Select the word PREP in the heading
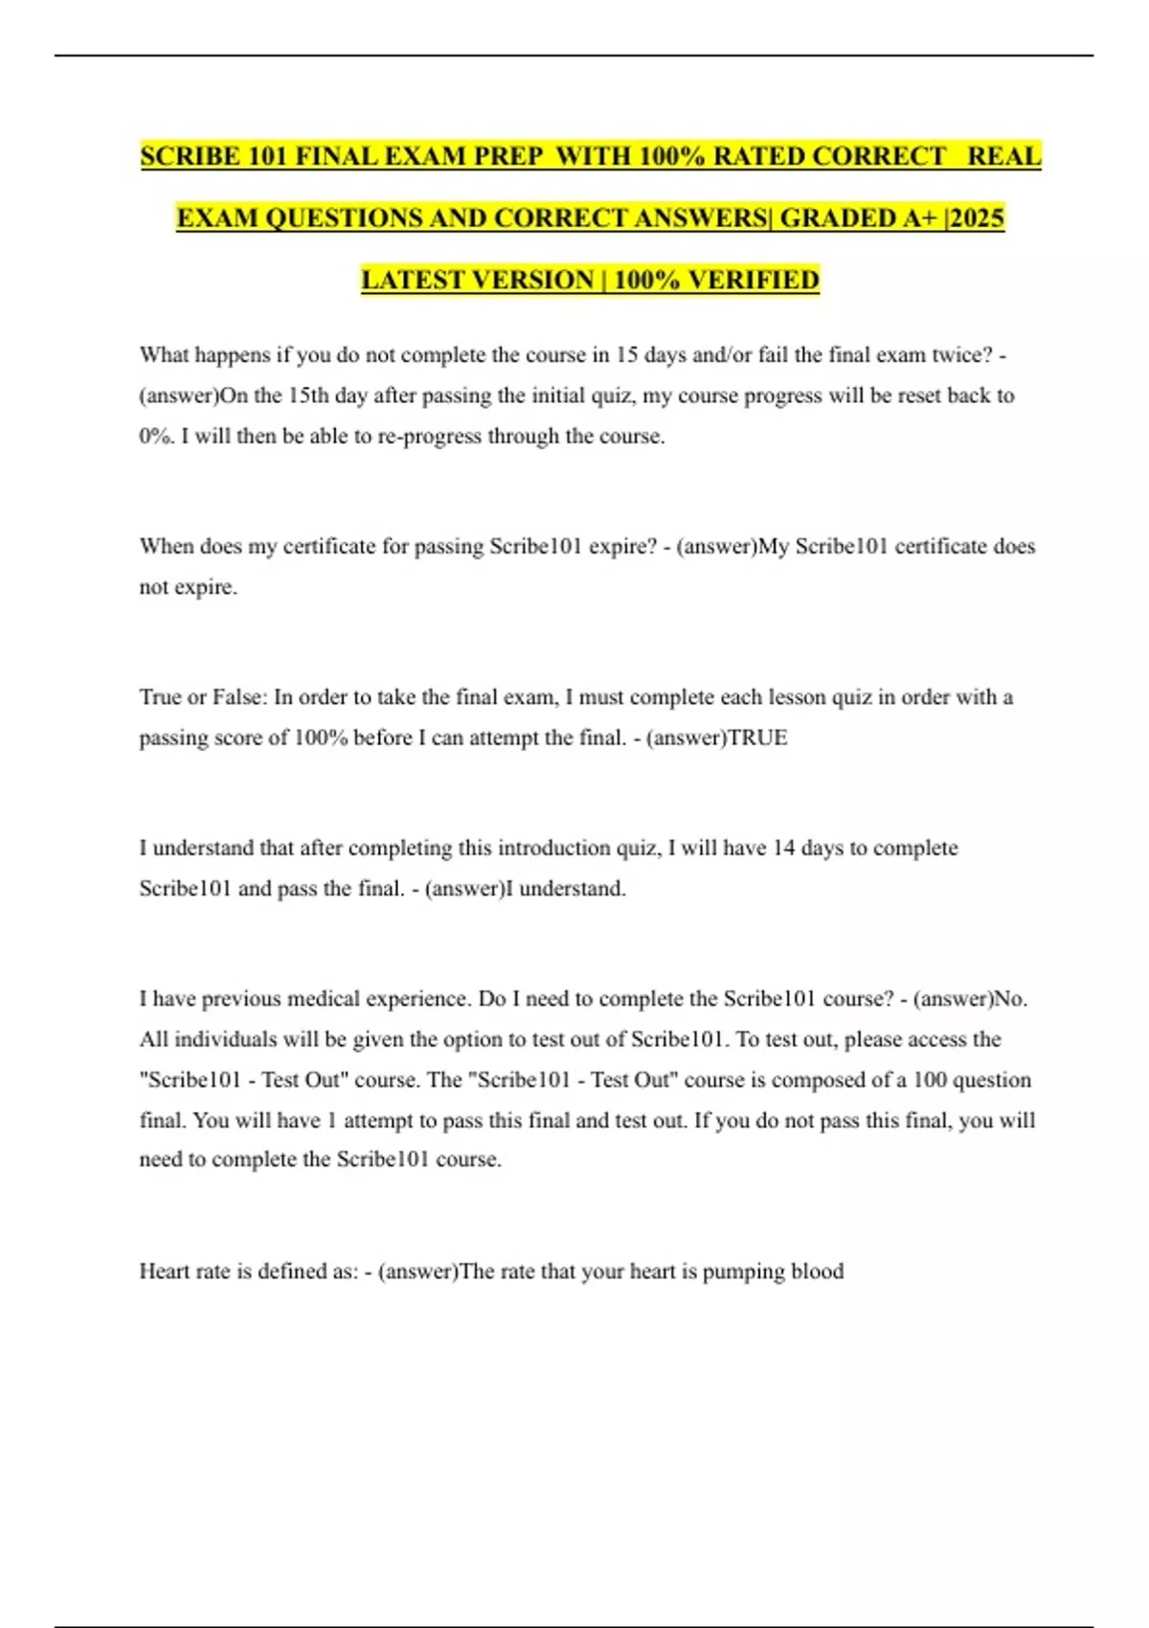click(506, 156)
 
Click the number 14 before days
click(783, 848)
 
